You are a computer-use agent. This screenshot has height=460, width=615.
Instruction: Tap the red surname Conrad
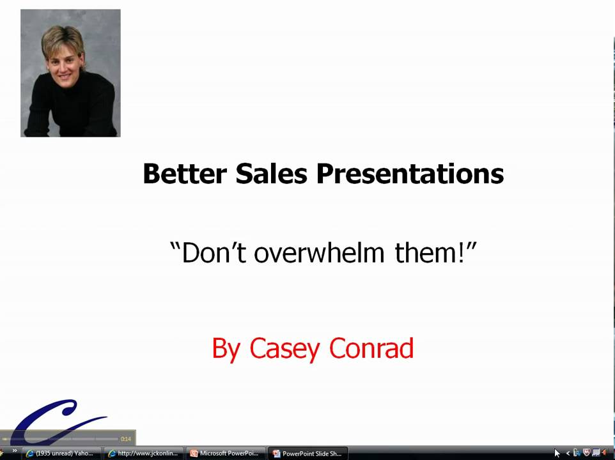click(x=371, y=349)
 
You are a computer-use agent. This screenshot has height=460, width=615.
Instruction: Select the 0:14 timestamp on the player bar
click(x=126, y=439)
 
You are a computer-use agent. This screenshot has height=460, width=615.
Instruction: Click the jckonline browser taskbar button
click(x=144, y=454)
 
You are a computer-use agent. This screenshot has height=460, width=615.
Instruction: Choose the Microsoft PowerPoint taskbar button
click(x=224, y=454)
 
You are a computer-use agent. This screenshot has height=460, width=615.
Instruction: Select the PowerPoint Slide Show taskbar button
click(x=307, y=454)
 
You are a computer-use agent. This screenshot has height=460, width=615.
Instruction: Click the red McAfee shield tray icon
click(x=586, y=453)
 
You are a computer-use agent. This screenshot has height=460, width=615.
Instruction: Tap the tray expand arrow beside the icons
click(x=568, y=454)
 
